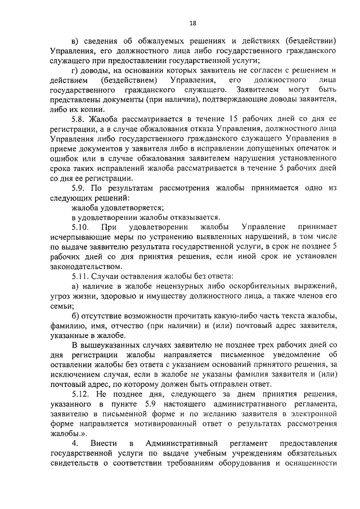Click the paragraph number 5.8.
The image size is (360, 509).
pyautogui.click(x=80, y=120)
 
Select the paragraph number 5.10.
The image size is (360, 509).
pyautogui.click(x=82, y=226)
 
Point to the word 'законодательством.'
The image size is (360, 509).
pyautogui.click(x=84, y=266)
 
